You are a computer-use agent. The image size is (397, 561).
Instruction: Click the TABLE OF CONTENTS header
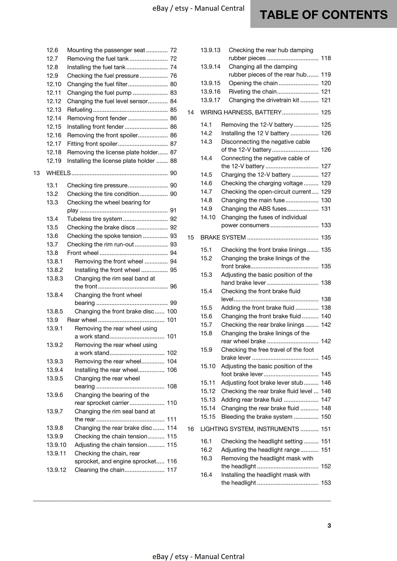tap(323, 15)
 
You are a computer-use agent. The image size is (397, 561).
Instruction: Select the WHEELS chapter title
tap(59, 173)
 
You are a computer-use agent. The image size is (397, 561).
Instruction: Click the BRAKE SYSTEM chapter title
tap(223, 237)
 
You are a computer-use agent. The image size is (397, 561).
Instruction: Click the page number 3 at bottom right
tap(329, 525)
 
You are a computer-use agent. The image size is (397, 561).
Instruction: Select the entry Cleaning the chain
tap(99, 470)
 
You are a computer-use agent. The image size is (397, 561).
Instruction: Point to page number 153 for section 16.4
tap(326, 483)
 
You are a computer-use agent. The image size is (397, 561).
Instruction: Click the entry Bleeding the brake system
tap(257, 416)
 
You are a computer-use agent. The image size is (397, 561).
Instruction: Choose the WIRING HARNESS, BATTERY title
tap(241, 112)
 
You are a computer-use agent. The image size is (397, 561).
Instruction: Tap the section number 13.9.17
tap(210, 100)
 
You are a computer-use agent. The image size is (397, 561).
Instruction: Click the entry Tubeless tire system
tap(95, 219)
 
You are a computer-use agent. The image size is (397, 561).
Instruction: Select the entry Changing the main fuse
tap(253, 200)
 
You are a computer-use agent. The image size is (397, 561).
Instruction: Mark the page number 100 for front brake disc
tap(172, 311)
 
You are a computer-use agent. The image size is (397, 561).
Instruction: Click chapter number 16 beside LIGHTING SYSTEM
tap(190, 429)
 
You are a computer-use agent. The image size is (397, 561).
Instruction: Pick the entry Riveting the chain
tap(252, 91)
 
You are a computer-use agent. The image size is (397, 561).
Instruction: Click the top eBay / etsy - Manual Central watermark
tap(198, 8)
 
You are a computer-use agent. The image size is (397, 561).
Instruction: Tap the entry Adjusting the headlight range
tap(260, 450)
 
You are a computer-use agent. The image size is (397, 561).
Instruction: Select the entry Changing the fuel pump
tap(99, 93)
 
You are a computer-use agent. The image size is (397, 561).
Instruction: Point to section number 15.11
tap(208, 382)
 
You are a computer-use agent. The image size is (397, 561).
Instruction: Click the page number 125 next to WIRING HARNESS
tap(326, 112)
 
